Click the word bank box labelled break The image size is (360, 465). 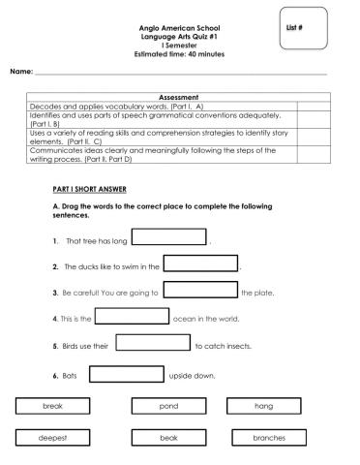point(53,407)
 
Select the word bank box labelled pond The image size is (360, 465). point(168,407)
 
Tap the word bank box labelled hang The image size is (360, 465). point(264,407)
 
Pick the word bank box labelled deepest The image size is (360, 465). point(53,439)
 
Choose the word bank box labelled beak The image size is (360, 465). point(168,439)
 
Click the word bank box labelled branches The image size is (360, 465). point(268,439)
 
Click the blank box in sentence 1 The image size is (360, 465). point(168,237)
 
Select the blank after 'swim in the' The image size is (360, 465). point(201,263)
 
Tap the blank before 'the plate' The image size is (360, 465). point(201,290)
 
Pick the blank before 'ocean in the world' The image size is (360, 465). point(132,316)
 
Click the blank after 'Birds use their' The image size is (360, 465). point(152,342)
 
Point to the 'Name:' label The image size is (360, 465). point(21,73)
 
